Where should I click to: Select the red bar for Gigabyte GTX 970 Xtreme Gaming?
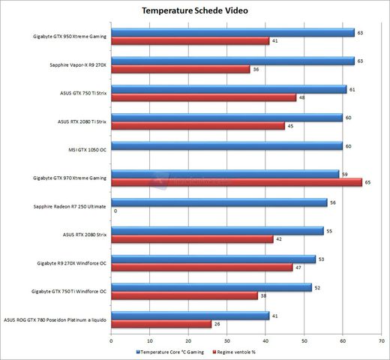pyautogui.click(x=236, y=182)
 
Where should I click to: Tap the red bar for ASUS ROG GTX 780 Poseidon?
pyautogui.click(x=160, y=324)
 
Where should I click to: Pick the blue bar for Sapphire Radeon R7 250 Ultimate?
pyautogui.click(x=219, y=202)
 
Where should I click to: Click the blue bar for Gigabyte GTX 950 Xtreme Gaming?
pyautogui.click(x=232, y=32)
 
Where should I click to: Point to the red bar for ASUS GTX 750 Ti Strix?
pyautogui.click(x=203, y=97)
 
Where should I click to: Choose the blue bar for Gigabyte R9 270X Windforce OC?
pyautogui.click(x=213, y=259)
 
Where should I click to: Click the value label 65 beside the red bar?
pyautogui.click(x=367, y=182)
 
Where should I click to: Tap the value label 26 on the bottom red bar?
pyautogui.click(x=217, y=324)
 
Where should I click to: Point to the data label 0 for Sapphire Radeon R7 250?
pyautogui.click(x=115, y=211)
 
